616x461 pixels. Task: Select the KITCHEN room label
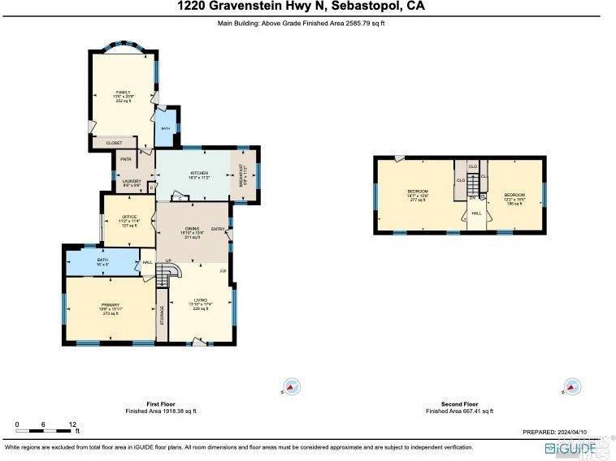pyautogui.click(x=199, y=174)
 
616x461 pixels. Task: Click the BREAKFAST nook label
pyautogui.click(x=243, y=172)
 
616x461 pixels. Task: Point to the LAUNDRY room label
pyautogui.click(x=132, y=183)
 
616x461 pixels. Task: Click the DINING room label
pyautogui.click(x=192, y=231)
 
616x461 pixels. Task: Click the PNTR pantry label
pyautogui.click(x=126, y=159)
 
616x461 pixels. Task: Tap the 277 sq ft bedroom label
pyautogui.click(x=417, y=194)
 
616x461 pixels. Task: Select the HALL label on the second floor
pyautogui.click(x=476, y=213)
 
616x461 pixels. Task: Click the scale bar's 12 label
pyautogui.click(x=72, y=424)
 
